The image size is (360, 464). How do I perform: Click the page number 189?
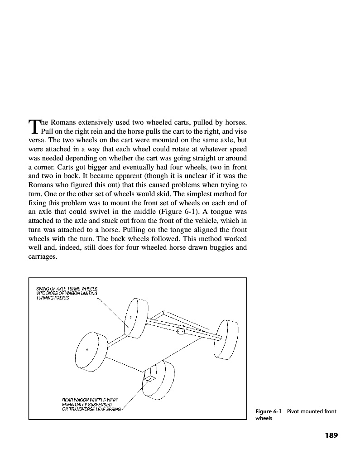click(x=331, y=435)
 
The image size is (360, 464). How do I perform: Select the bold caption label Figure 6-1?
click(x=269, y=411)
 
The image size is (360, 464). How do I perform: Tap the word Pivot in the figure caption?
click(x=295, y=411)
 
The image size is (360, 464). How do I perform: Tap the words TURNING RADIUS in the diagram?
click(x=53, y=298)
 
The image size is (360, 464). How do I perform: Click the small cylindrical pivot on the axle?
click(x=181, y=331)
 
